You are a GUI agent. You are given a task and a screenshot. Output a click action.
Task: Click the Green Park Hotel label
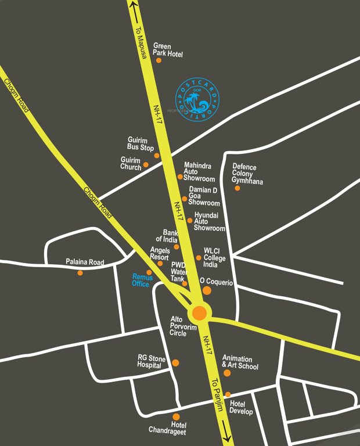coord(168,50)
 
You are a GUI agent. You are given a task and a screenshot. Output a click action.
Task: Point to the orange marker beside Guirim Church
coord(146,165)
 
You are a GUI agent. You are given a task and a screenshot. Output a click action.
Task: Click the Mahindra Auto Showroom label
coord(199,172)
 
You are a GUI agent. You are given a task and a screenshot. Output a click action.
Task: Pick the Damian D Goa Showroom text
coord(204,196)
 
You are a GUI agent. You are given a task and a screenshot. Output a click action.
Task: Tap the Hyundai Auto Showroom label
coord(209,222)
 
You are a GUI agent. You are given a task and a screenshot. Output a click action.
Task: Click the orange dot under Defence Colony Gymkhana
coord(237,188)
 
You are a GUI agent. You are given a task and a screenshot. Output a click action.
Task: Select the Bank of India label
coord(166,235)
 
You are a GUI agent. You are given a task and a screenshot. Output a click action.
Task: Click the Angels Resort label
coord(159,254)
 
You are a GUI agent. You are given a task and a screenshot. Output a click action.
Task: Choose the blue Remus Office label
coord(142,280)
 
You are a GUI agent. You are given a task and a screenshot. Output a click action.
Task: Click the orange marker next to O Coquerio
coord(207,290)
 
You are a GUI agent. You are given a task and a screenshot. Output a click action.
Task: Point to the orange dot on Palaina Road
coord(80,272)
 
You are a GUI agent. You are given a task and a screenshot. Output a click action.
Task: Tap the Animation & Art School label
coord(240,362)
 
